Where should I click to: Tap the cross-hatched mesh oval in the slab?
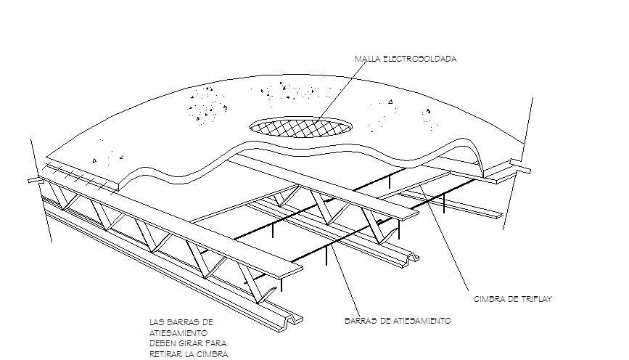300,126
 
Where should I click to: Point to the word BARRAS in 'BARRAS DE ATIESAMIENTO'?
359,320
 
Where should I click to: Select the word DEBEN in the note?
163,343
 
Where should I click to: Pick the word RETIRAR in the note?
166,354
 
